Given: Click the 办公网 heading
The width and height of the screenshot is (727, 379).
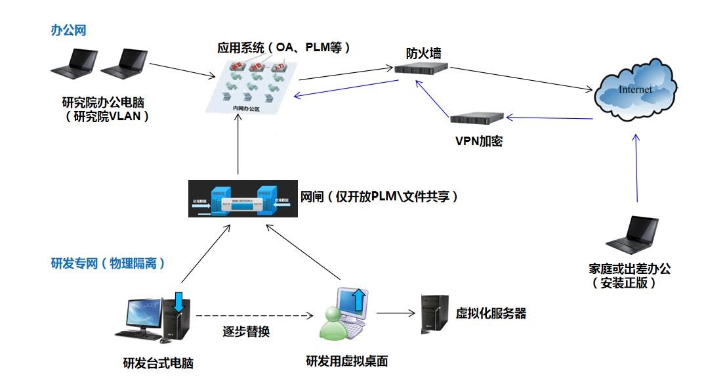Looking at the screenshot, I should pos(68,30).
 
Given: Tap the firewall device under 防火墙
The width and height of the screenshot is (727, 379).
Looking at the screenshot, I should pos(421,68).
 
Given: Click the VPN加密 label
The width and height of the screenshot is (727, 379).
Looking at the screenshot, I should pos(478,141).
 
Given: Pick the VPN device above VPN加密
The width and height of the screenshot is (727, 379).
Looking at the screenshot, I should pos(477,118).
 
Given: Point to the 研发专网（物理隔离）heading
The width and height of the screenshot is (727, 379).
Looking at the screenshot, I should pos(108,263).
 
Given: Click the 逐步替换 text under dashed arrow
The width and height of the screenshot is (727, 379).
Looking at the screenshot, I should pos(246,332).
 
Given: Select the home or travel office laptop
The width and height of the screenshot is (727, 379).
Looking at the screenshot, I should pos(631,235).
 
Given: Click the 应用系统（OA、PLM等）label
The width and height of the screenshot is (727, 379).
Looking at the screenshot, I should pos(285,48).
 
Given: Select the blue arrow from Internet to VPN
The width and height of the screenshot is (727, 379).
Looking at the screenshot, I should pos(550,118).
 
